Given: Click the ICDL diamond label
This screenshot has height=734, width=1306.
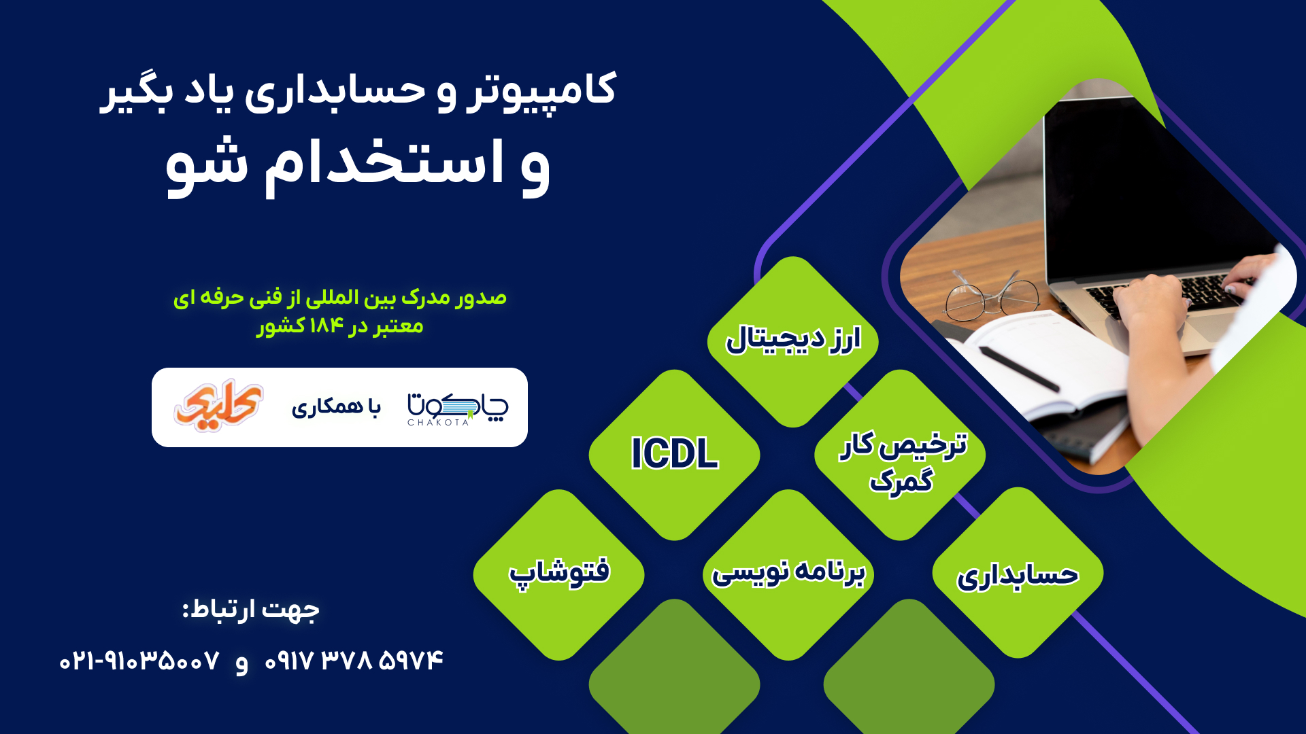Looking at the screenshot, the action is tap(674, 453).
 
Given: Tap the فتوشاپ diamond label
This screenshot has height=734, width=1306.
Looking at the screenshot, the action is tap(559, 572).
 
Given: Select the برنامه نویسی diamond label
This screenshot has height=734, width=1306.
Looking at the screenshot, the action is tap(788, 572).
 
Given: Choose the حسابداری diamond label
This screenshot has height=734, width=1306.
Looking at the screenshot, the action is tap(1018, 576).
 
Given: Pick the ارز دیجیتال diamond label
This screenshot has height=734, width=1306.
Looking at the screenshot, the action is tap(793, 339).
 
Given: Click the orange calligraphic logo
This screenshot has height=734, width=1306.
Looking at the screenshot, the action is tap(218, 406).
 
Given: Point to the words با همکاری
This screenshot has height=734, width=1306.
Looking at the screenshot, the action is tap(336, 406).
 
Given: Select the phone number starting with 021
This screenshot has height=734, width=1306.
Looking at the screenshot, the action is tap(139, 661).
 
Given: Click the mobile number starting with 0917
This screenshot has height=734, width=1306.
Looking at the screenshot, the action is tap(354, 661).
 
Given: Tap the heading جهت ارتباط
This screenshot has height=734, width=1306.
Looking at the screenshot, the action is tap(251, 609).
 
